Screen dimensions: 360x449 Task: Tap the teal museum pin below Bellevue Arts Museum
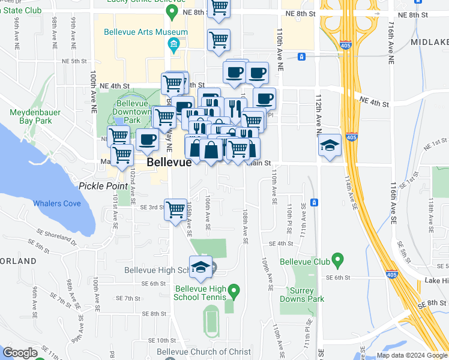[x=173, y=45]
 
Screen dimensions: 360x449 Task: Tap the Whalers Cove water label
[x=56, y=204]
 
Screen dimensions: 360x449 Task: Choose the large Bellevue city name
[x=169, y=163]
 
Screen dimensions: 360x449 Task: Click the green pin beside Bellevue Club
[x=337, y=260]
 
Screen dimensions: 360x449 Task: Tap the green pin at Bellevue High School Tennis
[x=235, y=292]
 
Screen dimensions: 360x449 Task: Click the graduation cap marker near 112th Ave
[x=330, y=146]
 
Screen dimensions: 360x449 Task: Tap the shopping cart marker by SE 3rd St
[x=175, y=211]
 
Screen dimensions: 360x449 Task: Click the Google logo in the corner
[x=20, y=353]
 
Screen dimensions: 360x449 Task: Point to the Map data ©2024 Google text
[x=411, y=355]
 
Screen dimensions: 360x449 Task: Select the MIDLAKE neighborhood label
[x=430, y=42]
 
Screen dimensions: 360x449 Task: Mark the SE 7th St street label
[x=128, y=298]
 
